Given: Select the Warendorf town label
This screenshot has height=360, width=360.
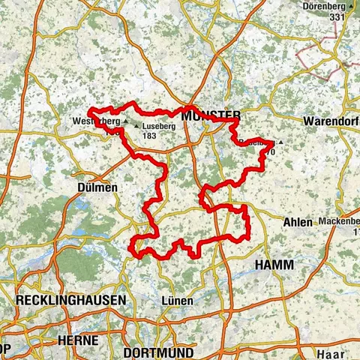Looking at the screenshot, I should (x=331, y=120).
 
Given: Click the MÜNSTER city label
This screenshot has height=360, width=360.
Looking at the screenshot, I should (x=211, y=115).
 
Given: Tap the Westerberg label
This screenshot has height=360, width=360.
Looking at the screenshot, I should (x=96, y=121).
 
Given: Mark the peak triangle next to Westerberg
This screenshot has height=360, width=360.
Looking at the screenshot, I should (x=125, y=121).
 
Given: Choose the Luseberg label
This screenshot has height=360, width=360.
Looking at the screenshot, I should (x=158, y=127).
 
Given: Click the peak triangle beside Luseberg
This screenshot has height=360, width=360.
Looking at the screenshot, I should (x=136, y=127).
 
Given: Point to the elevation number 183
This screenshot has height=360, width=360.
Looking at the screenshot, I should (x=149, y=136).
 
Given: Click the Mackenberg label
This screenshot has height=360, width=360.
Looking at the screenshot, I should (x=337, y=222).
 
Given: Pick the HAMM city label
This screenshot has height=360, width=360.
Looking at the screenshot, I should (x=274, y=265).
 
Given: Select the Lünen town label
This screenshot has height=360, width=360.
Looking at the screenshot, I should (x=177, y=300).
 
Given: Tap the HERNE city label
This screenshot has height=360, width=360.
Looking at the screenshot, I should (x=77, y=340).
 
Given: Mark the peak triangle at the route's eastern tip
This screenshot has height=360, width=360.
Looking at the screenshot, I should (x=280, y=141).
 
